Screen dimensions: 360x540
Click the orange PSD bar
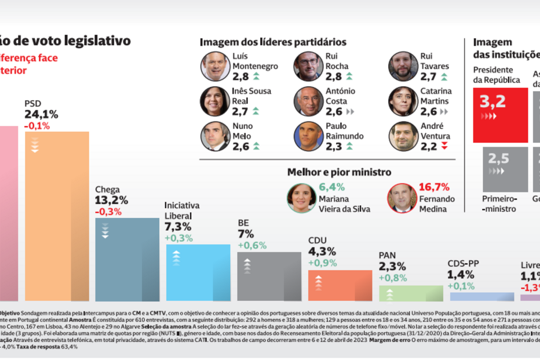pos(57,214)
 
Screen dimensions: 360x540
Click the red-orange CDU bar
pos(340,285)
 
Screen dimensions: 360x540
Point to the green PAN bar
pos(410,293)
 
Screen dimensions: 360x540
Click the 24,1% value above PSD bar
pos(41,115)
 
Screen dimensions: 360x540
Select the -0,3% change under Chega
pos(108,212)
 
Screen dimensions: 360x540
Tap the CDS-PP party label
pos(463,263)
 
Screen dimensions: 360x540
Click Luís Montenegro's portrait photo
pos(215,66)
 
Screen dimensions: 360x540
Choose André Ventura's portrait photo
pos(403,136)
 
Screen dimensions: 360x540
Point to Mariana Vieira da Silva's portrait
pos(301,198)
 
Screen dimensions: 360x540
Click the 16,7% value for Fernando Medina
pos(434,187)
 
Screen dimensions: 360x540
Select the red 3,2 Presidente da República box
pos(501,115)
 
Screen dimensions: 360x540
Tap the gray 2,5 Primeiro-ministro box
pos(505,169)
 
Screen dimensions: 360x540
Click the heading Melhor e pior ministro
pos(339,172)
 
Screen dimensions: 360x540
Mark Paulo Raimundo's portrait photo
pos(309,136)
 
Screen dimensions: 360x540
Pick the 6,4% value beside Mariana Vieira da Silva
pos(332,187)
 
